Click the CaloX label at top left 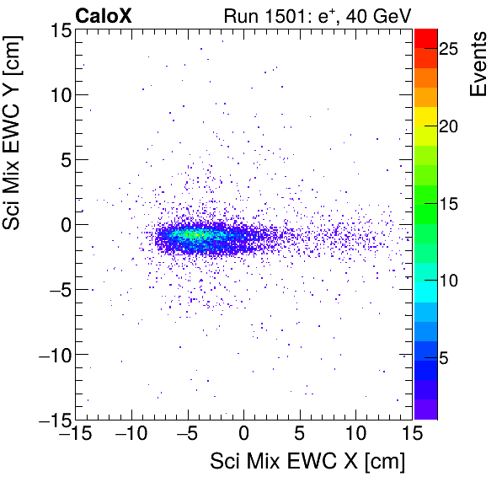tap(104, 14)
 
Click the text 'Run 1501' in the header tap(262, 14)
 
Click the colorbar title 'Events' tap(478, 64)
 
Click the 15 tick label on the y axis tap(59, 30)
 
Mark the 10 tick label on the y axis tap(59, 94)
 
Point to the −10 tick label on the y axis tap(54, 354)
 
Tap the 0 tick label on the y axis tap(64, 224)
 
